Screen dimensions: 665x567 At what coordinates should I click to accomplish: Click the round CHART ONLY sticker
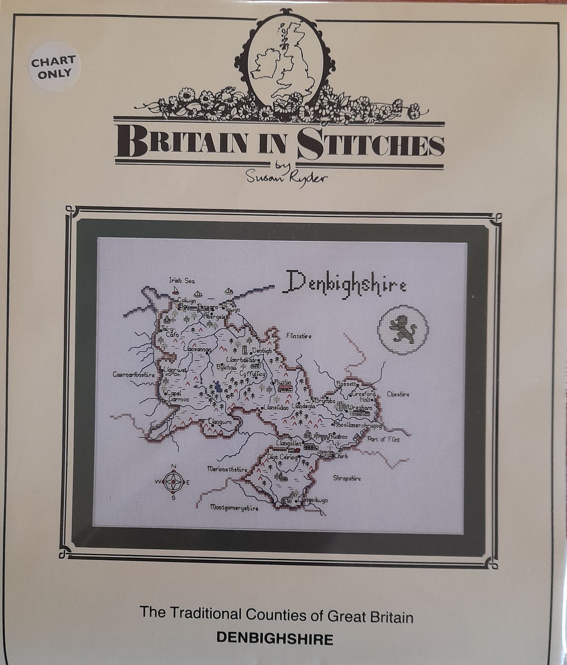pos(54,68)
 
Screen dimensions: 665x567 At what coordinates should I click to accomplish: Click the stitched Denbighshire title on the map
pos(344,283)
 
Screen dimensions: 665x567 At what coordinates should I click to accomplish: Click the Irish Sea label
pos(182,281)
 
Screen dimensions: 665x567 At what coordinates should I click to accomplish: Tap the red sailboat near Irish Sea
pos(175,292)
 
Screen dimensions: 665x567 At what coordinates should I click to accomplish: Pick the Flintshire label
pos(299,336)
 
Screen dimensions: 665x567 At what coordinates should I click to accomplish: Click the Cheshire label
pos(398,395)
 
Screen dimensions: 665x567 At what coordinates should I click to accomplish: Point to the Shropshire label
pos(347,478)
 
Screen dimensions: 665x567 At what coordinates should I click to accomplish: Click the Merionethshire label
pos(227,469)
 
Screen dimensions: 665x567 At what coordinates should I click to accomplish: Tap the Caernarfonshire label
pos(134,375)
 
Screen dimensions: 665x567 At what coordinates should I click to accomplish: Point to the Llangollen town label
pos(288,444)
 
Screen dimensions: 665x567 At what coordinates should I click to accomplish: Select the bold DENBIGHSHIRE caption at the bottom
pos(274,639)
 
